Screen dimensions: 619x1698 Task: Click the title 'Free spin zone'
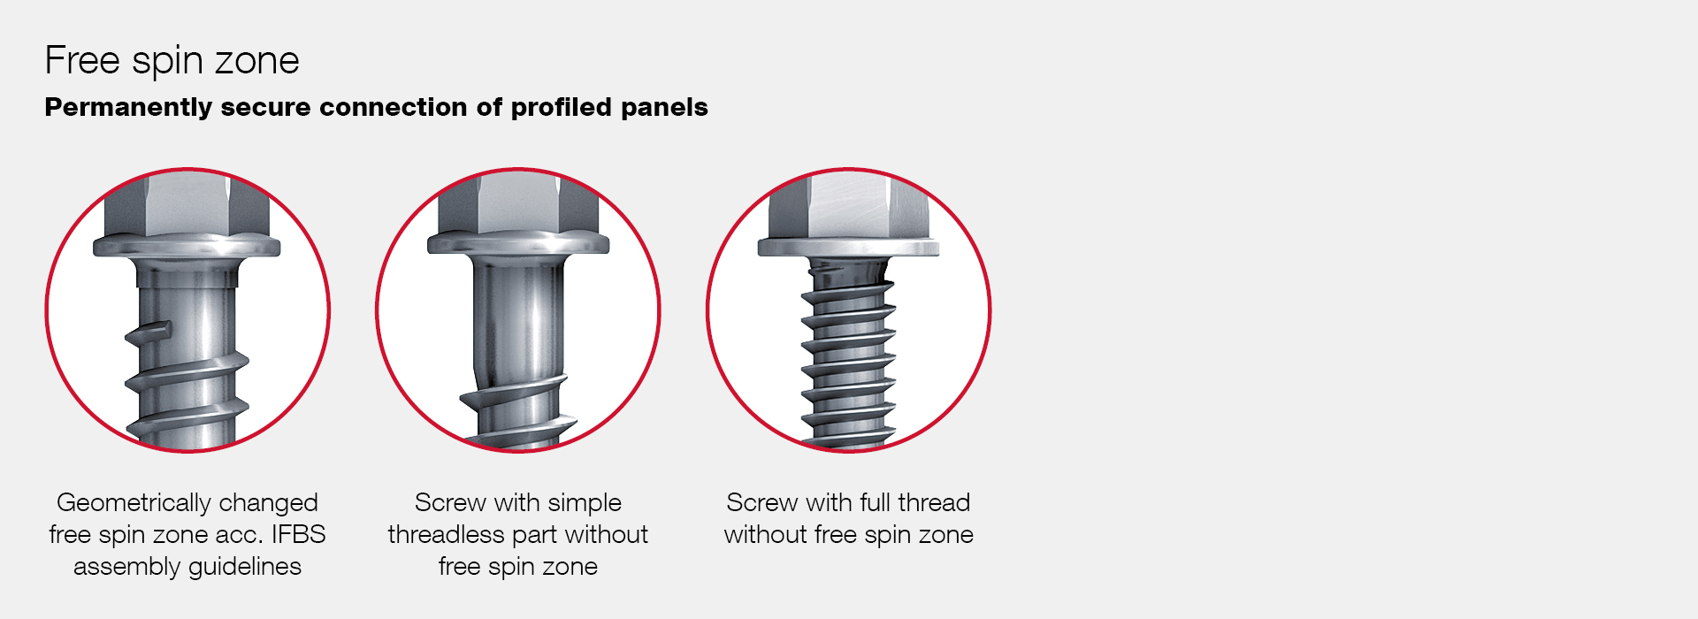172,61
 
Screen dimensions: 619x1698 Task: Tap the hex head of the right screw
849,205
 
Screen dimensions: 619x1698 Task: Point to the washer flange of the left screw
187,246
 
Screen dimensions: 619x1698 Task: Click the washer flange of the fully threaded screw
849,247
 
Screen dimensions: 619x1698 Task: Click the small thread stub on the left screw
147,332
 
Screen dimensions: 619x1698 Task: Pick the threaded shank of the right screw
849,354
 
